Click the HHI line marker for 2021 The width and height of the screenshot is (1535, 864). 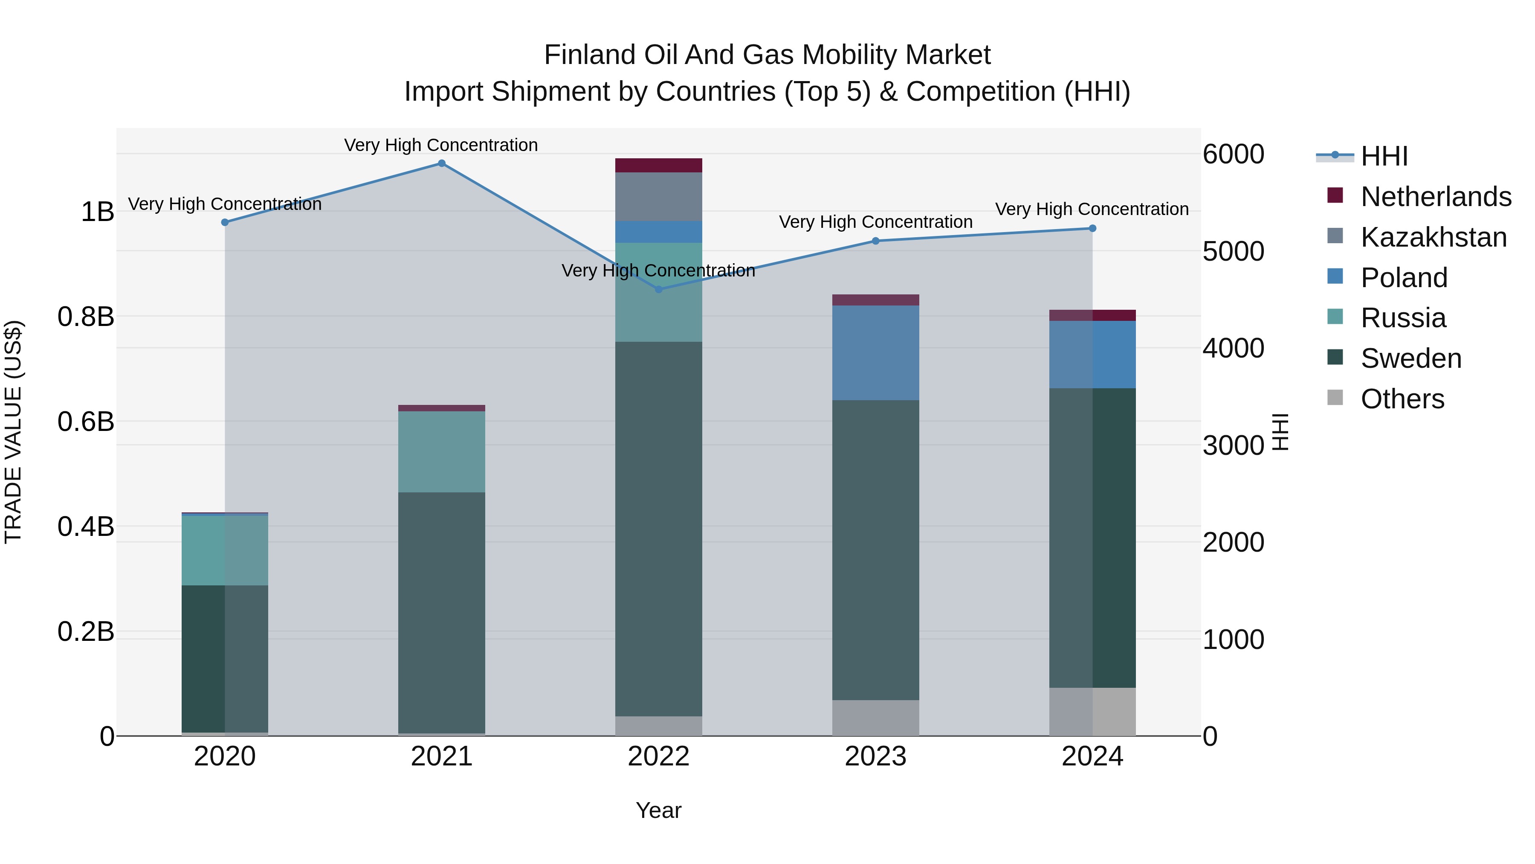point(442,163)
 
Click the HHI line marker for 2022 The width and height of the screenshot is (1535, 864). point(658,290)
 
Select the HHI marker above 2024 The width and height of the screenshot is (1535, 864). point(1092,228)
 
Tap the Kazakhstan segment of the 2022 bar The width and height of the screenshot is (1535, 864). point(658,197)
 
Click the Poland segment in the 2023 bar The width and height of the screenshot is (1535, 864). point(875,352)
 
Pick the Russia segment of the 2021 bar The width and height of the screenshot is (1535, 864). point(442,451)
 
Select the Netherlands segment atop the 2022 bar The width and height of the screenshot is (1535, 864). point(658,165)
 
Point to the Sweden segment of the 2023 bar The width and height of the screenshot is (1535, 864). point(875,550)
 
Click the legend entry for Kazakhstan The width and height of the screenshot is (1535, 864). point(1433,237)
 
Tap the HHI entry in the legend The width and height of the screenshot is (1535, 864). point(1384,156)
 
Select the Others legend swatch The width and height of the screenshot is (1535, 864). point(1335,398)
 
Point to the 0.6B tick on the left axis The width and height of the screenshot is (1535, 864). point(86,422)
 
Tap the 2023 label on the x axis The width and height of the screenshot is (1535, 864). point(875,756)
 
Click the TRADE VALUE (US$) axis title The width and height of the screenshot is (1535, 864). point(13,432)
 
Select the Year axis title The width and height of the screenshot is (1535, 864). point(658,810)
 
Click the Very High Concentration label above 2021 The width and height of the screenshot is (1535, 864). point(441,145)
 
